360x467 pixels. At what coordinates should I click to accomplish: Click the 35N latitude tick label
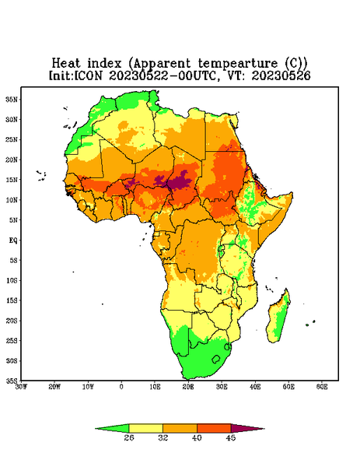12,99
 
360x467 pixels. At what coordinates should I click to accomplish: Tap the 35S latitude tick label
12,381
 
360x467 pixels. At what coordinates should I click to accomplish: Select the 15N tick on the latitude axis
12,180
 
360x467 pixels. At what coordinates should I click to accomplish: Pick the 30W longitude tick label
21,387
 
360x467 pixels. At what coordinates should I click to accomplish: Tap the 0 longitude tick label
121,387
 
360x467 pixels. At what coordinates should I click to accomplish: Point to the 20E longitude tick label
188,387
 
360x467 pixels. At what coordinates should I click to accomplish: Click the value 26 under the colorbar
129,437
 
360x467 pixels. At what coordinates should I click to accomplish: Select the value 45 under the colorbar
231,437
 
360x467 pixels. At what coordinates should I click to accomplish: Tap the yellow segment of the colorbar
145,428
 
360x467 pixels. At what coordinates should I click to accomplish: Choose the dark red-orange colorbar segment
214,428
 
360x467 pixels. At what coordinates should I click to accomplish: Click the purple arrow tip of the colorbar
264,429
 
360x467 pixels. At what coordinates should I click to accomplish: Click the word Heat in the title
66,64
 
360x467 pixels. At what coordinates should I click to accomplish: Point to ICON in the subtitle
88,75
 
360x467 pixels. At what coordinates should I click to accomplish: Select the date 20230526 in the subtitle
281,75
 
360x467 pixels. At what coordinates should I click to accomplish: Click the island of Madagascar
278,318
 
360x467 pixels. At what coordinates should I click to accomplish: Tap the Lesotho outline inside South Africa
216,359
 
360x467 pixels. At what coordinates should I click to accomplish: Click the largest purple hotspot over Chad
179,181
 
